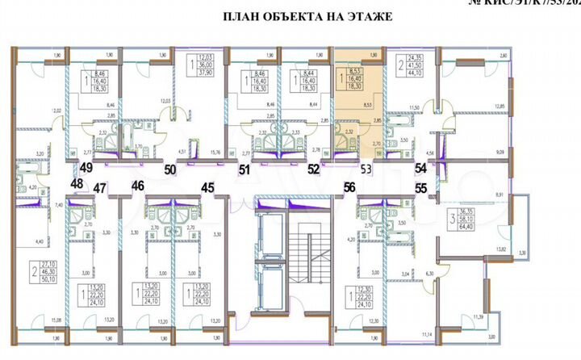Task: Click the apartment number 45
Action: [208, 187]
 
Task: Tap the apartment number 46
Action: [138, 186]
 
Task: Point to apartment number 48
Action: [76, 184]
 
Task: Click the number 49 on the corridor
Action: [86, 168]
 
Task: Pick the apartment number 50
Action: [170, 170]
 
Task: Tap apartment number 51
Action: [244, 170]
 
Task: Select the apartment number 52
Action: [314, 170]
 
